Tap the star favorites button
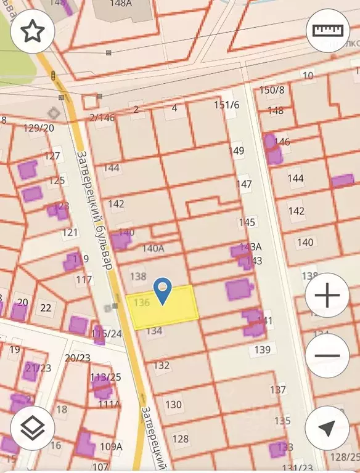33,31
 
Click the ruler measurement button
327,31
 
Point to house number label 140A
153,248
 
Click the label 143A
250,246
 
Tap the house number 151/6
226,105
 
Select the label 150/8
272,91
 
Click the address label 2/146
102,117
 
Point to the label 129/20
38,127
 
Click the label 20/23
78,357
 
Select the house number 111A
110,404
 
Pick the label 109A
111,447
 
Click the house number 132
162,365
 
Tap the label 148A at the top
121,3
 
